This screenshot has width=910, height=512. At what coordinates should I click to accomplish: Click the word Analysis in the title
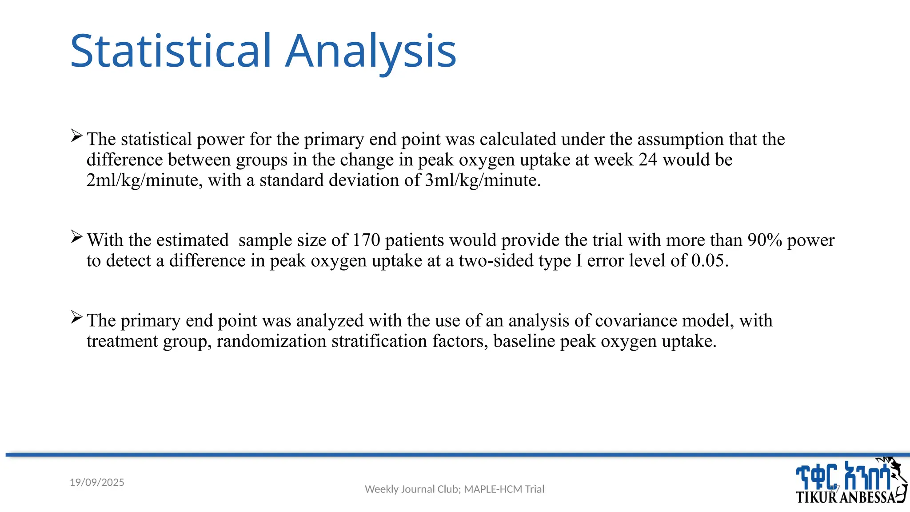371,52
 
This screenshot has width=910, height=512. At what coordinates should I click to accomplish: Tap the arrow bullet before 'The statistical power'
76,136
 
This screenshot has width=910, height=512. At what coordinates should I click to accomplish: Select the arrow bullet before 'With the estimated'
76,237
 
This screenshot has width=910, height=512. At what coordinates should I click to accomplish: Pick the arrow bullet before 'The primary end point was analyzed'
76,317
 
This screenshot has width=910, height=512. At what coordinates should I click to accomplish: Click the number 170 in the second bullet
366,240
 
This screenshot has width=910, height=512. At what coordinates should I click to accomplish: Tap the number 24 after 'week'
647,160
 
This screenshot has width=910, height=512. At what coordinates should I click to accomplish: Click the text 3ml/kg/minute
482,180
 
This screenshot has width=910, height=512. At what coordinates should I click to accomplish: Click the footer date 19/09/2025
97,482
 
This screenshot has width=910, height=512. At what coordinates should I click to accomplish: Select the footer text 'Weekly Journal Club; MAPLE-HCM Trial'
454,489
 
